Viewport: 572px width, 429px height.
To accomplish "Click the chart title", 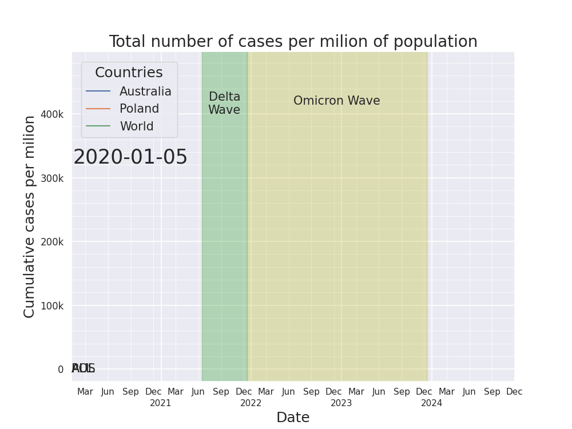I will point(293,42).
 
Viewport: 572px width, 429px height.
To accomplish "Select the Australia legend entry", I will point(145,92).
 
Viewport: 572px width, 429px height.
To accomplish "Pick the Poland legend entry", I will point(139,109).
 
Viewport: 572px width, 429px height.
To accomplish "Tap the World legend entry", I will point(136,126).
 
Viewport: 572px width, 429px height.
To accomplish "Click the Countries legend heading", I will point(129,73).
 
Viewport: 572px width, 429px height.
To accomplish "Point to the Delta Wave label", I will point(224,104).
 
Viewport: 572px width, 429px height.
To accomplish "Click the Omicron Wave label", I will point(336,101).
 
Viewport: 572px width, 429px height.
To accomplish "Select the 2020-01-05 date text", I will point(130,157).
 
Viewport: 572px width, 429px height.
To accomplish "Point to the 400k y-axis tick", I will point(52,114).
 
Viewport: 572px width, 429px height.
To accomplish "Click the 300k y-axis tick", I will point(52,178).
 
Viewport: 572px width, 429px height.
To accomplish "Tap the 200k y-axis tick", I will point(52,242).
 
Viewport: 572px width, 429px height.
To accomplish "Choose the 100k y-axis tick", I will point(52,305).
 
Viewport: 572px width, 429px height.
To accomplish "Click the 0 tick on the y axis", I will point(61,370).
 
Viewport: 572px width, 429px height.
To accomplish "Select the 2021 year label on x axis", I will point(161,403).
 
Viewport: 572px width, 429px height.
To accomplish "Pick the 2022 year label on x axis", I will point(251,403).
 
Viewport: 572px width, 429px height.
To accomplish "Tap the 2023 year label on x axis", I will point(341,403).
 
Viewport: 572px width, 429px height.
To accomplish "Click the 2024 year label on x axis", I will point(432,403).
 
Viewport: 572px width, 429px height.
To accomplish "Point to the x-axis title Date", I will point(293,418).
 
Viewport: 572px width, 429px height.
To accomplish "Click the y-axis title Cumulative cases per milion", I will point(30,216).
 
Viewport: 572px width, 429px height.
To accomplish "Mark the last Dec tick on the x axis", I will point(514,392).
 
